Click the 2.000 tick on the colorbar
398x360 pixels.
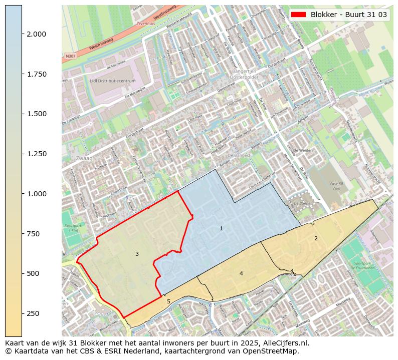click(x=22, y=34)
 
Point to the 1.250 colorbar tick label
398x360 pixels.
click(x=36, y=154)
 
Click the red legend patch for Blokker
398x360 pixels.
click(x=299, y=15)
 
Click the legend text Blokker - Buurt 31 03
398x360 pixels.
click(x=349, y=15)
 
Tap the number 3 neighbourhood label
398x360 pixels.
click(x=137, y=254)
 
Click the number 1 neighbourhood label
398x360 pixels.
click(x=221, y=229)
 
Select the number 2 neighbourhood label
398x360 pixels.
click(x=316, y=238)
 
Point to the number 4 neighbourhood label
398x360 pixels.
click(x=241, y=273)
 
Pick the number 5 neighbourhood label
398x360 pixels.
click(x=168, y=301)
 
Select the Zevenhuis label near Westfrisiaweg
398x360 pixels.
click(x=146, y=24)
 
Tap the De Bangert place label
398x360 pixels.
click(x=239, y=156)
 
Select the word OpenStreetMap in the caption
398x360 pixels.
click(x=274, y=351)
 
